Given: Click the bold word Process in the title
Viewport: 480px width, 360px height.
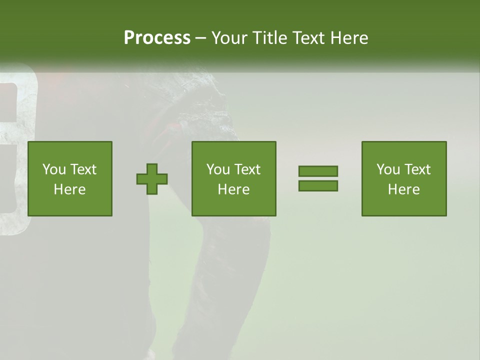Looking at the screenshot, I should [157, 38].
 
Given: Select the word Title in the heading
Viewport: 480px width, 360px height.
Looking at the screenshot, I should [271, 38].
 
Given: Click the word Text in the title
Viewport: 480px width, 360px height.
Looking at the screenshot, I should [311, 38].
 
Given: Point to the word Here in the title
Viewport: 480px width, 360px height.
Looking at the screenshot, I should [351, 38].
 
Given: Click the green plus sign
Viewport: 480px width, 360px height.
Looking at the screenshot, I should [152, 179].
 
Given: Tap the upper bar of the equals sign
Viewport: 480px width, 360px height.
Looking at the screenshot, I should [318, 171].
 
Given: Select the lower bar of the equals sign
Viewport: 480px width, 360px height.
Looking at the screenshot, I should [318, 186].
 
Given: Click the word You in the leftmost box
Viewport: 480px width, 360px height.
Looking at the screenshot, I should [54, 169].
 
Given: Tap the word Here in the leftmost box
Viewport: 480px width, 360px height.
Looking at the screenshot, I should [70, 189].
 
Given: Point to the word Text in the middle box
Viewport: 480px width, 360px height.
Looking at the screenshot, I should [247, 169].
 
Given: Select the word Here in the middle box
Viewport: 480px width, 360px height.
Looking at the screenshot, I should [234, 189].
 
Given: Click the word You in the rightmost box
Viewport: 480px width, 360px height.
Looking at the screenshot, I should [388, 169].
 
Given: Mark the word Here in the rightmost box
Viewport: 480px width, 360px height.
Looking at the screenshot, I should [404, 189].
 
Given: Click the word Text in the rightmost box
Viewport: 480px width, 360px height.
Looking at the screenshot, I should [417, 169].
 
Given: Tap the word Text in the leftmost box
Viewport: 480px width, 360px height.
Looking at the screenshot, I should [83, 169].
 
